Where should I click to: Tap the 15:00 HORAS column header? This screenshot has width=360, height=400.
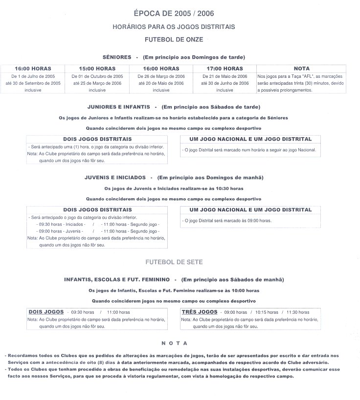(x=97, y=69)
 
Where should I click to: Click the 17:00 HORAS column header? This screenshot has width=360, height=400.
(x=225, y=69)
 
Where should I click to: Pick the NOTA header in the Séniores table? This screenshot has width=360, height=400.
(x=301, y=69)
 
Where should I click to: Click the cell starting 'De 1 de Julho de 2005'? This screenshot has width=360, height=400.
(x=33, y=83)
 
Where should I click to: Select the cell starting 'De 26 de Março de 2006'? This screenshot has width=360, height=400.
(x=161, y=83)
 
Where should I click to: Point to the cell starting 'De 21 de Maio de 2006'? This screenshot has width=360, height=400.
(x=225, y=83)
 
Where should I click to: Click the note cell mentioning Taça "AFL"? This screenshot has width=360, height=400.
(x=301, y=83)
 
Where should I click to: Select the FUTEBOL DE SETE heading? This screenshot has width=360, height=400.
(x=174, y=262)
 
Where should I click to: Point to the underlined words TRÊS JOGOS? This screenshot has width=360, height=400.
(x=200, y=312)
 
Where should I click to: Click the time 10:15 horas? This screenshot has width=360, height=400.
(x=267, y=312)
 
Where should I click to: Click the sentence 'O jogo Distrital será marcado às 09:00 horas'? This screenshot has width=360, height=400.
(x=227, y=221)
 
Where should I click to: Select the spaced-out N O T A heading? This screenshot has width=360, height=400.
(x=174, y=343)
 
